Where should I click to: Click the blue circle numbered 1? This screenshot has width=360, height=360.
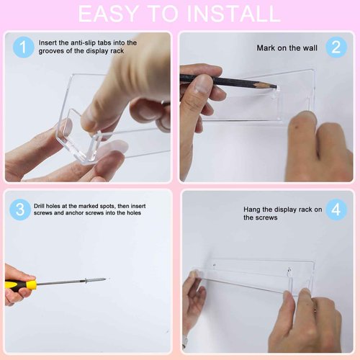(x=23, y=47)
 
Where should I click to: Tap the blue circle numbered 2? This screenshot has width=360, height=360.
(x=336, y=47)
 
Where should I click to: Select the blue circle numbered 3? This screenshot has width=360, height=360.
(x=20, y=210)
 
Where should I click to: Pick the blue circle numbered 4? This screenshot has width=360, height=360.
(x=336, y=210)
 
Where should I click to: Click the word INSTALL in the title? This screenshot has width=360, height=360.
(x=233, y=14)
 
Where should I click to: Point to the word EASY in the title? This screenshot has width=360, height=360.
(x=109, y=14)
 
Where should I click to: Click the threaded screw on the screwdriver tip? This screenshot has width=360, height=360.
(x=95, y=280)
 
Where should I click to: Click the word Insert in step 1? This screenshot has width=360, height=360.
(x=48, y=42)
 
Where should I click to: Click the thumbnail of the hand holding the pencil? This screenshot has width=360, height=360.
(x=201, y=86)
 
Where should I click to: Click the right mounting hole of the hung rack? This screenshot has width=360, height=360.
(x=289, y=271)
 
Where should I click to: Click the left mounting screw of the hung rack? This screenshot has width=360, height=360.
(x=215, y=266)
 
